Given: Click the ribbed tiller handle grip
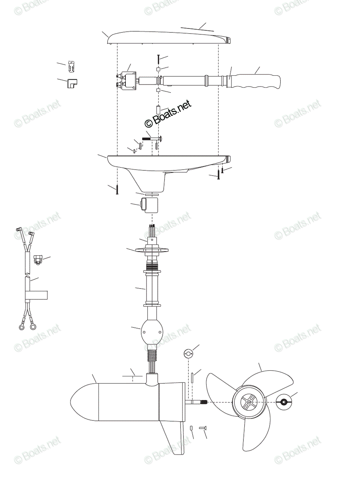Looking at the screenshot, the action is point(254,82).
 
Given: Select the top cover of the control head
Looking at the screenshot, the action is point(170,38).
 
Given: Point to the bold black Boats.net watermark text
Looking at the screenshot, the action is point(168,113).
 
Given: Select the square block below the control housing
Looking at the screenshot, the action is point(149,205).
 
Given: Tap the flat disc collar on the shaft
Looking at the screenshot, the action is point(152,250).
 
